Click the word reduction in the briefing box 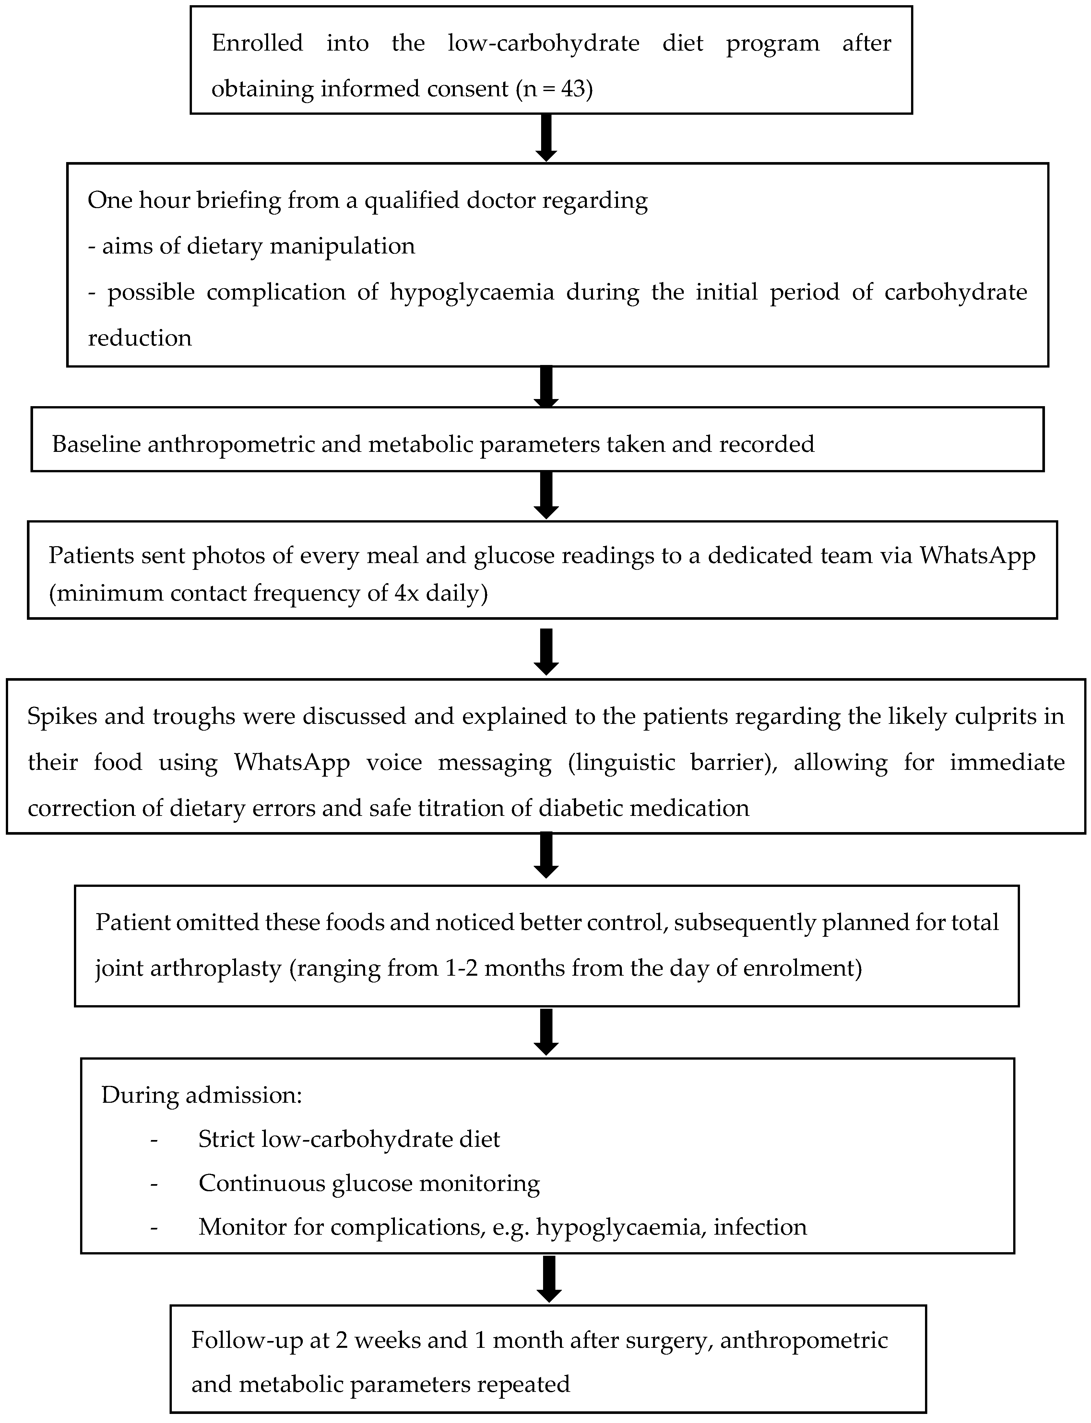(x=140, y=338)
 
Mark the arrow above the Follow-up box (x=550, y=1279)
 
